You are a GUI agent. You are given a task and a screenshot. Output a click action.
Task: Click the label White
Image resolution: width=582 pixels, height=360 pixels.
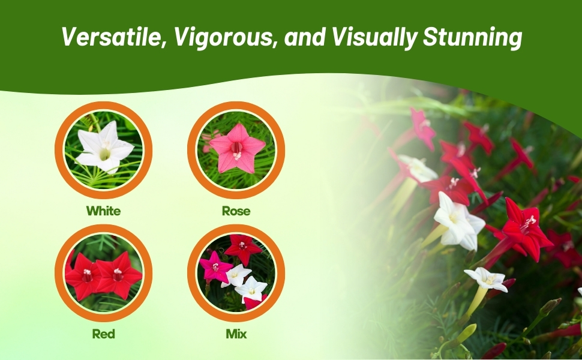pyautogui.click(x=104, y=211)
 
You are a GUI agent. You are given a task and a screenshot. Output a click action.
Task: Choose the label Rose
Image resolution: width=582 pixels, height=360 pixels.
pyautogui.click(x=236, y=211)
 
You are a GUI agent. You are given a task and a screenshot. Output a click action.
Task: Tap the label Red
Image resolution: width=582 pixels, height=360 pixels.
pyautogui.click(x=104, y=334)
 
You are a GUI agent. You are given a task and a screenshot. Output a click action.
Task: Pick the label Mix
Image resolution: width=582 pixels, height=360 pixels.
pyautogui.click(x=236, y=334)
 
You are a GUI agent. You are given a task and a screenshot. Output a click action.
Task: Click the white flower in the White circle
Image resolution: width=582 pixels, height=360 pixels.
pyautogui.click(x=104, y=148)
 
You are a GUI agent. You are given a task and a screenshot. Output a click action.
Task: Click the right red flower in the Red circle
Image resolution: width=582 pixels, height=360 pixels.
pyautogui.click(x=119, y=275)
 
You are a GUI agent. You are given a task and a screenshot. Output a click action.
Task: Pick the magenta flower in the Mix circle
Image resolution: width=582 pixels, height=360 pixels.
pyautogui.click(x=215, y=267)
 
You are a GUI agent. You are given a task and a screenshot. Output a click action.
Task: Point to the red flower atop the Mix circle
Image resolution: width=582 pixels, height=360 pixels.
pyautogui.click(x=243, y=248)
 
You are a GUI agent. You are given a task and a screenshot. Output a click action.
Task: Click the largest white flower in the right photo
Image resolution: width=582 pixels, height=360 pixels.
pyautogui.click(x=459, y=221)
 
